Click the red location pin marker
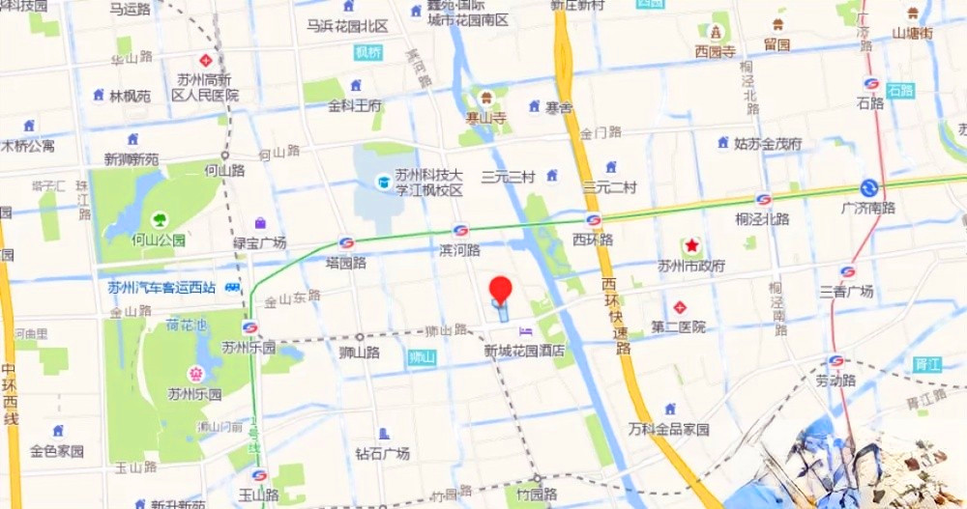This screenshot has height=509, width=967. click(500, 289)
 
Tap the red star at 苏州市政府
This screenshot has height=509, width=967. click(692, 245)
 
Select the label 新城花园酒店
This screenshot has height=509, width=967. click(525, 351)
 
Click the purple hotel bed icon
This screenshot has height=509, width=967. click(525, 331)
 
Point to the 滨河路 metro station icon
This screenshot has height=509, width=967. click(460, 231)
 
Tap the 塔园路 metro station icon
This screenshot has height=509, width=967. click(345, 242)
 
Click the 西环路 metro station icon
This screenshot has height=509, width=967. click(594, 219)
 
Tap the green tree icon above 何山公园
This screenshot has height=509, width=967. click(158, 218)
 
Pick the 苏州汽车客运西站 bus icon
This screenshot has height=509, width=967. click(232, 287)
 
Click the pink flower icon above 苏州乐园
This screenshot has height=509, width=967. click(194, 374)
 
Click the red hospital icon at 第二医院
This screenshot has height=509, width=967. click(680, 307)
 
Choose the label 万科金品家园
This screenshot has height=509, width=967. click(668, 429)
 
